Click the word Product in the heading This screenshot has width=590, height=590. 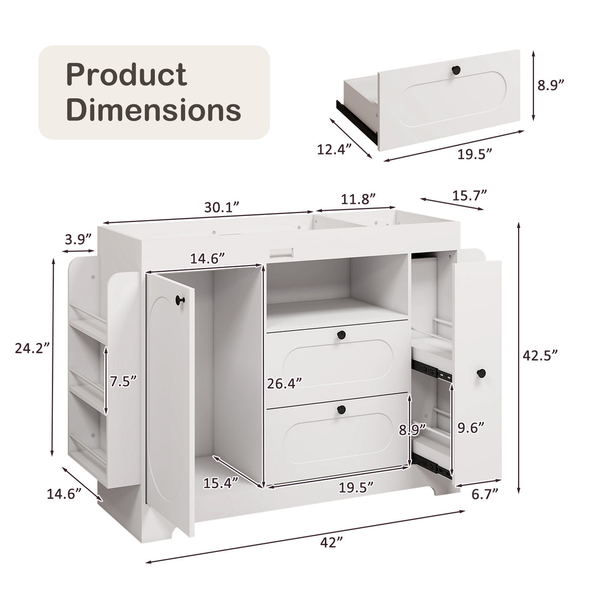coord(126,75)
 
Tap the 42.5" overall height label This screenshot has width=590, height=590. coord(540,355)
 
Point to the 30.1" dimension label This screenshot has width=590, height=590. coord(222,207)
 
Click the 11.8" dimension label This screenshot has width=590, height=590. coord(358,199)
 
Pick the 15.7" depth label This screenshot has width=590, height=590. coord(469,195)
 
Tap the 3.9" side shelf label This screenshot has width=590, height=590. coord(78,239)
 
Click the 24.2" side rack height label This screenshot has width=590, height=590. coord(32,348)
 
